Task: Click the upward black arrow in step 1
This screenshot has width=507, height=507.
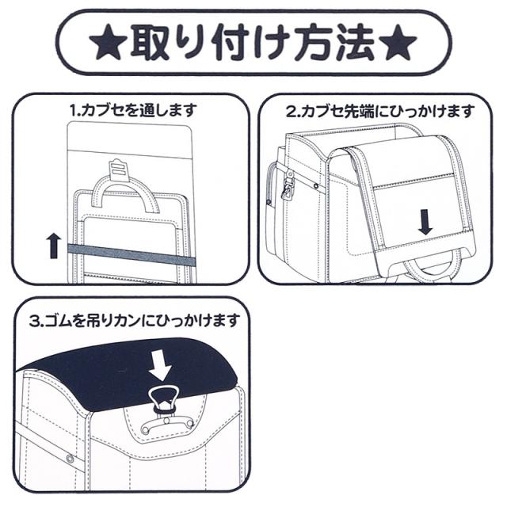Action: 54,246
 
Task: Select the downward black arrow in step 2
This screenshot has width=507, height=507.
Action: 425,222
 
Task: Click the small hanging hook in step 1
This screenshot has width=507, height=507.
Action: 116,166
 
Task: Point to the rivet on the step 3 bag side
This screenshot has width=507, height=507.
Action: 70,459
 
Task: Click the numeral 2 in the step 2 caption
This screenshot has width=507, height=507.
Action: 290,112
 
